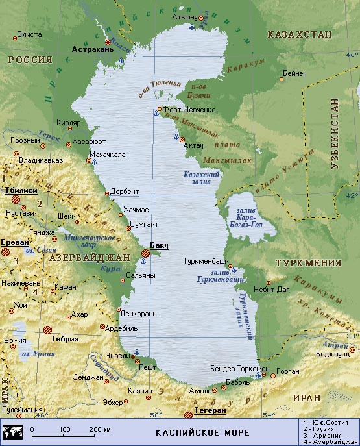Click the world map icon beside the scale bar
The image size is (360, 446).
click(x=13, y=431)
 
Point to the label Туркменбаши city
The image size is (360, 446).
click(x=203, y=260)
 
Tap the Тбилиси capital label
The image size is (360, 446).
click(x=20, y=190)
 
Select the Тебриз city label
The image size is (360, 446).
click(x=66, y=339)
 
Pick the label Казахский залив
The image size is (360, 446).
click(x=202, y=179)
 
